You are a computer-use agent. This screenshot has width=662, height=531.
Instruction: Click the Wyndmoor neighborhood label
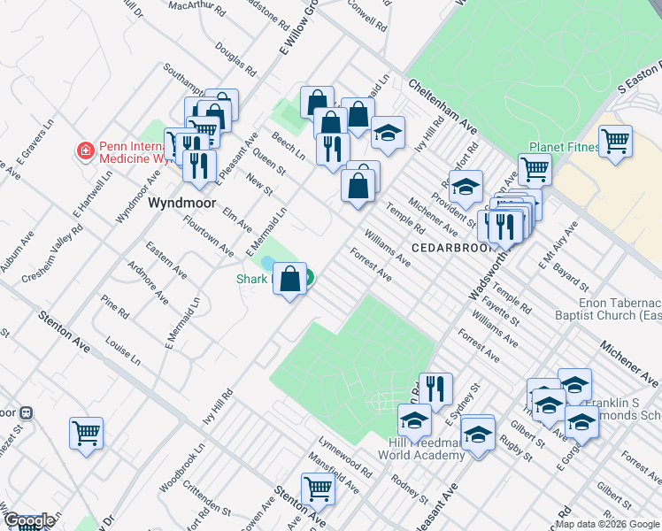click(x=181, y=203)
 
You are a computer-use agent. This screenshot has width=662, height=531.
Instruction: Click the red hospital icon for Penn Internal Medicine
click(x=86, y=151)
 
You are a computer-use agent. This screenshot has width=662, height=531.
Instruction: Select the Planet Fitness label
click(x=564, y=147)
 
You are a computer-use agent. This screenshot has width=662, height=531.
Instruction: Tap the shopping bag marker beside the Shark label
click(x=290, y=280)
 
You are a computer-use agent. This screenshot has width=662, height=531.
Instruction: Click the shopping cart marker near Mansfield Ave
click(x=317, y=488)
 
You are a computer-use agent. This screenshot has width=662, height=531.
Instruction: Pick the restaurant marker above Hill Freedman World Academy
click(x=435, y=388)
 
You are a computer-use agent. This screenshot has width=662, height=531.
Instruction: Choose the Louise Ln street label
click(x=122, y=351)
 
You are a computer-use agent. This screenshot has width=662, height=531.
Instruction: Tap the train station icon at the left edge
click(x=26, y=412)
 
